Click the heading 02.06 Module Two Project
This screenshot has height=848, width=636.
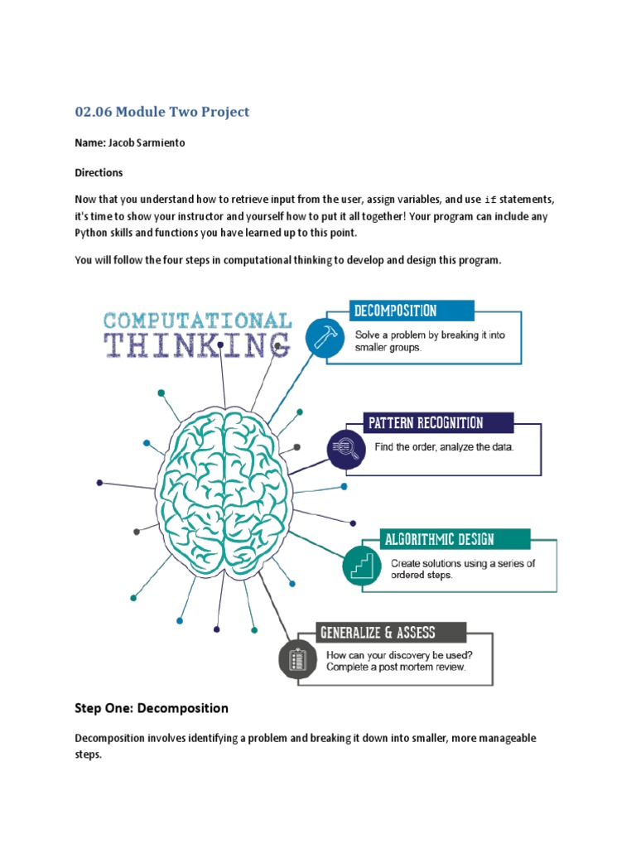tap(161, 112)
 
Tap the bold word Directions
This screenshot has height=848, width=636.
tap(99, 173)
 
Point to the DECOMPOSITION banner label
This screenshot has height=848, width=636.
tap(396, 311)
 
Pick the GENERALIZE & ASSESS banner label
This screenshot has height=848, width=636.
tap(378, 634)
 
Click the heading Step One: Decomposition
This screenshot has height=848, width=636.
tap(152, 708)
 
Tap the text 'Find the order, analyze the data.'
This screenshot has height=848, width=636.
tap(445, 447)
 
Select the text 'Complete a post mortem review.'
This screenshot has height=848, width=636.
tap(396, 667)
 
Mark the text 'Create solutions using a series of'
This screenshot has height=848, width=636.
tap(464, 563)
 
